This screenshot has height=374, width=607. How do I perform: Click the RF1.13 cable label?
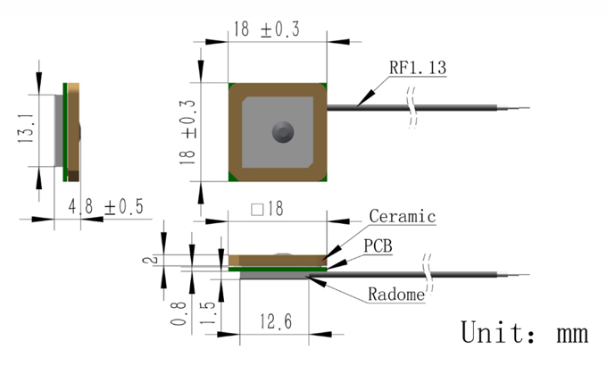point(418,68)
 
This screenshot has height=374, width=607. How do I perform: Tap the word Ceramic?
point(403,216)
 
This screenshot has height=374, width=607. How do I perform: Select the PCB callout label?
point(378,246)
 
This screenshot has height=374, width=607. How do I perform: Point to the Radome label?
point(396,295)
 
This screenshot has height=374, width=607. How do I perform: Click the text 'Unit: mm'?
point(525,332)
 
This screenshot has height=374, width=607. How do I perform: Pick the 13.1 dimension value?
point(26,129)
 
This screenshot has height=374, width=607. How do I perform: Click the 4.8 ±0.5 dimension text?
point(105,207)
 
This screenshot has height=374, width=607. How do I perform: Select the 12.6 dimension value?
point(276,321)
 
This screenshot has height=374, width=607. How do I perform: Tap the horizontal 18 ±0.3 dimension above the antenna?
point(267,29)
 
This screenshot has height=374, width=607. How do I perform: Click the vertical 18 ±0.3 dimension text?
point(187,132)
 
